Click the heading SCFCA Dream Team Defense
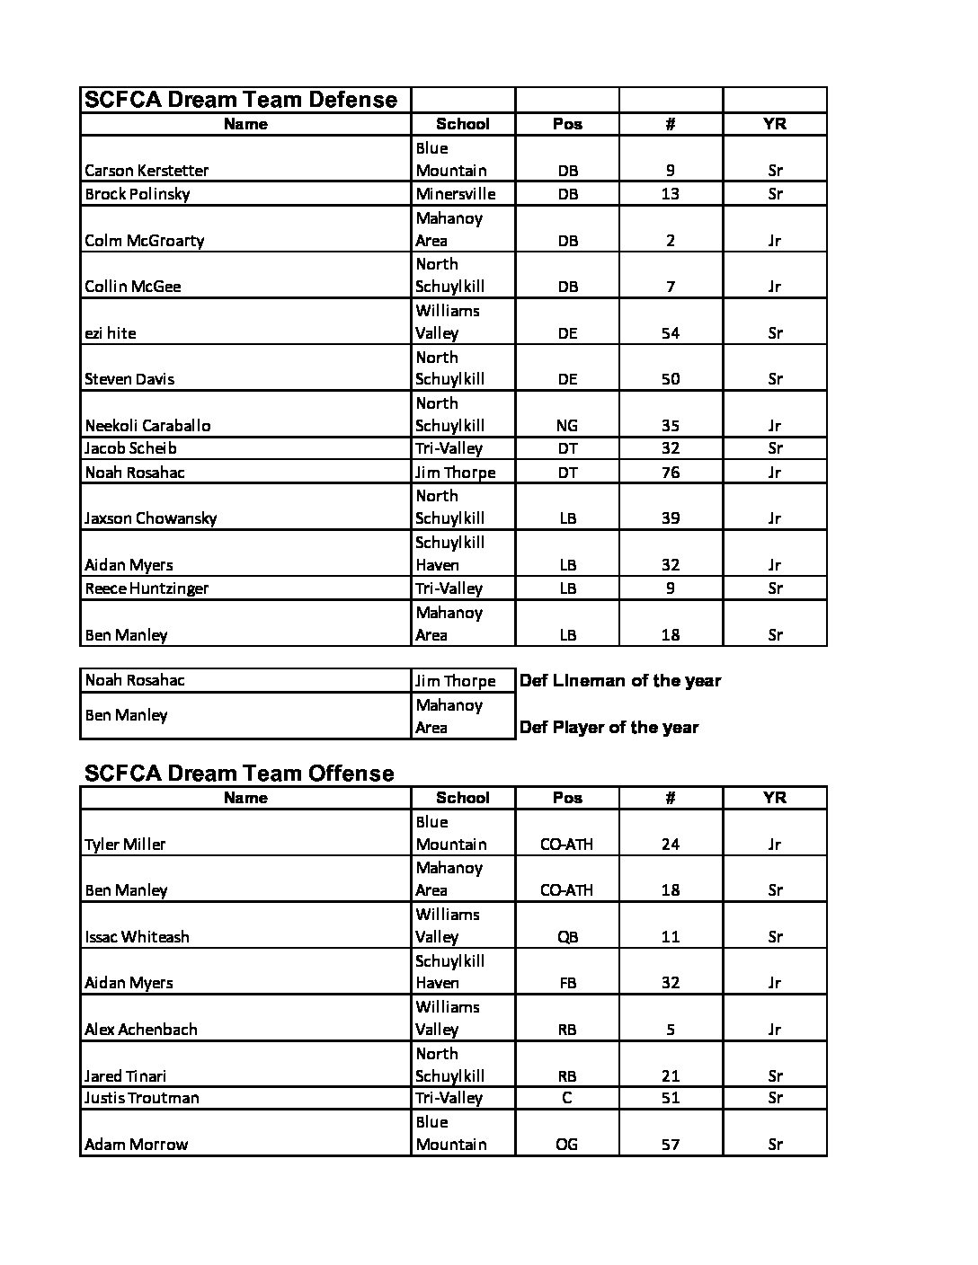click(240, 100)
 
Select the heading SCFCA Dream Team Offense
click(239, 774)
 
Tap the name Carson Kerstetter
click(147, 171)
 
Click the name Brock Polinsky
click(137, 194)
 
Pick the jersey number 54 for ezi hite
click(670, 333)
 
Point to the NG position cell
click(567, 426)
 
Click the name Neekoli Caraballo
click(147, 426)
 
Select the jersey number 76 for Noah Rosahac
click(670, 473)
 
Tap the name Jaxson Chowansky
click(150, 518)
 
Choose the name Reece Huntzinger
click(147, 588)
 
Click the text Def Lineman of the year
click(620, 681)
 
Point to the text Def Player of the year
click(609, 728)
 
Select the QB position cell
click(567, 937)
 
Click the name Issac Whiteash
click(137, 937)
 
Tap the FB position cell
click(567, 983)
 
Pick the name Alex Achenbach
click(140, 1030)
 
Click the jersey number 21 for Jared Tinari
click(670, 1076)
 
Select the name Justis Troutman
click(142, 1098)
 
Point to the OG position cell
click(567, 1145)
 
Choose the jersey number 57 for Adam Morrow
click(670, 1145)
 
